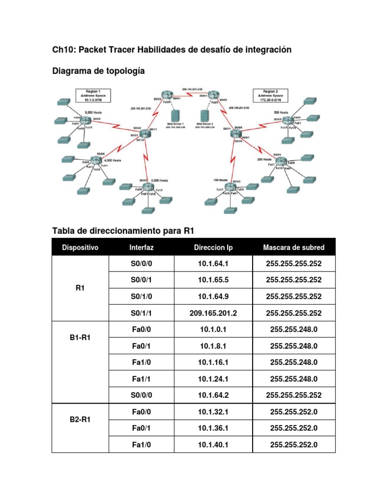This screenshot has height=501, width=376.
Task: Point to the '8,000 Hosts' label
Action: tap(93, 113)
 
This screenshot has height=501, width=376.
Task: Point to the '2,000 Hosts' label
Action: tap(160, 181)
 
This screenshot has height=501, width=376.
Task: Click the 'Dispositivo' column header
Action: tap(80, 248)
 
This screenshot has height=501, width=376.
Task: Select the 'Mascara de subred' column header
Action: tap(293, 248)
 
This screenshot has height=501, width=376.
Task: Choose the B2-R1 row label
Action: tap(80, 419)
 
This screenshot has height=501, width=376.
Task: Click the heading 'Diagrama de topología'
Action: tap(98, 71)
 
